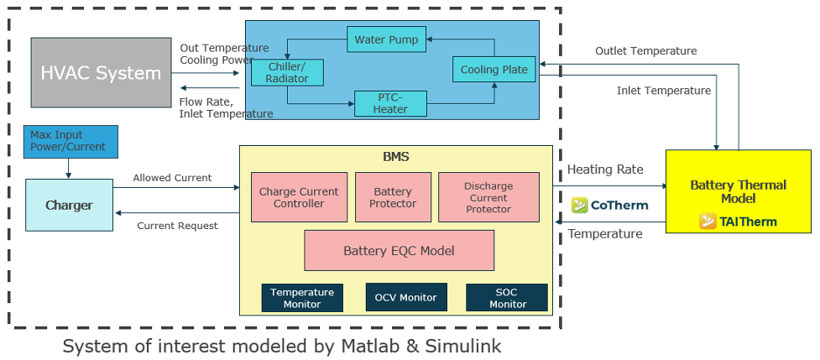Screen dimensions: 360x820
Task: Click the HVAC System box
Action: [101, 72]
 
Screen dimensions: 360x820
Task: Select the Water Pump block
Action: [387, 39]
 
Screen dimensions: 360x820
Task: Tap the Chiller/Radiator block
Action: [288, 72]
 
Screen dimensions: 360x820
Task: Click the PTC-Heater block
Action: [390, 103]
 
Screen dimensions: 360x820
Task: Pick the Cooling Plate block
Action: [494, 70]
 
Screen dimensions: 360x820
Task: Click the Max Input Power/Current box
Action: [71, 141]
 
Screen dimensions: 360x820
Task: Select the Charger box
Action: [69, 205]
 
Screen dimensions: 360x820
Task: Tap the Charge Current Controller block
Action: [299, 197]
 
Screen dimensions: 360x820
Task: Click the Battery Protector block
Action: [393, 197]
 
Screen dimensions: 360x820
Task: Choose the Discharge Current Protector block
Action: [488, 197]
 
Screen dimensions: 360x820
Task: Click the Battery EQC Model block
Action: [399, 250]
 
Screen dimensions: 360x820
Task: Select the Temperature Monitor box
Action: [302, 298]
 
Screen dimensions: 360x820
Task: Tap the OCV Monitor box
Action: [406, 297]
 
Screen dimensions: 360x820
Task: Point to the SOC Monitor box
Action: [507, 298]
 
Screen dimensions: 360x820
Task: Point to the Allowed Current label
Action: [172, 178]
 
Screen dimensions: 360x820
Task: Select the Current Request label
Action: [177, 225]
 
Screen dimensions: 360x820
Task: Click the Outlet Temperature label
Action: [645, 51]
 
